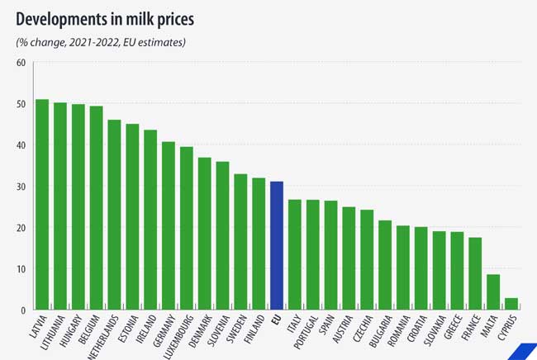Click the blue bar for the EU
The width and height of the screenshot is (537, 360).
pyautogui.click(x=277, y=246)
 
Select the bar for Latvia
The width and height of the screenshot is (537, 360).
pyautogui.click(x=42, y=205)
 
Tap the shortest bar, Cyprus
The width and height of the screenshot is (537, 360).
pyautogui.click(x=511, y=304)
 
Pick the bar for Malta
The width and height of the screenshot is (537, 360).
pyautogui.click(x=493, y=292)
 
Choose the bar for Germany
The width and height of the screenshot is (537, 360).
pyautogui.click(x=169, y=226)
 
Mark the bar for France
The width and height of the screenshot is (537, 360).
pyautogui.click(x=475, y=274)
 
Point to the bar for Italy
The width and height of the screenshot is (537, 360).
pyautogui.click(x=295, y=255)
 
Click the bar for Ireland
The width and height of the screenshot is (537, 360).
pyautogui.click(x=150, y=220)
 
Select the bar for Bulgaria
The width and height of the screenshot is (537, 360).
pyautogui.click(x=385, y=265)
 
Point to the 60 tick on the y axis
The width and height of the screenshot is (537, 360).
pyautogui.click(x=21, y=63)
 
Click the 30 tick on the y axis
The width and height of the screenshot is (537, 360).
pyautogui.click(x=21, y=187)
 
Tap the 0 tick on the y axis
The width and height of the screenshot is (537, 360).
pyautogui.click(x=23, y=310)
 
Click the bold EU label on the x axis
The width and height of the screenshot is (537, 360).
pyautogui.click(x=277, y=320)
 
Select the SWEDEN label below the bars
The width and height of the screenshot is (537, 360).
pyautogui.click(x=236, y=329)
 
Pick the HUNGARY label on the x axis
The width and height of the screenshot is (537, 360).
pyautogui.click(x=71, y=330)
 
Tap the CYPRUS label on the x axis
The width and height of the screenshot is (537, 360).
pyautogui.click(x=507, y=328)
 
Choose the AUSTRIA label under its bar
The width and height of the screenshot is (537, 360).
pyautogui.click(x=343, y=329)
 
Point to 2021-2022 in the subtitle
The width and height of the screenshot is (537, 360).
pyautogui.click(x=94, y=42)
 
